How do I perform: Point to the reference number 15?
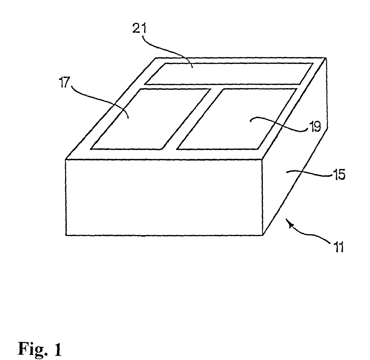point(338,175)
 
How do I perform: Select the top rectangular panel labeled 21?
point(228,74)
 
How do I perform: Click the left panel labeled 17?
point(151,118)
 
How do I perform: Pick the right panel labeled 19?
point(238,118)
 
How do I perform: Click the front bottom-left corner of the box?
point(66,235)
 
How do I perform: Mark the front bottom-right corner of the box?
point(262,235)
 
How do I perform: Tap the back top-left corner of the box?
point(156,58)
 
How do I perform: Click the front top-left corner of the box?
point(66,159)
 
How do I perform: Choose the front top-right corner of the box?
point(262,159)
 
